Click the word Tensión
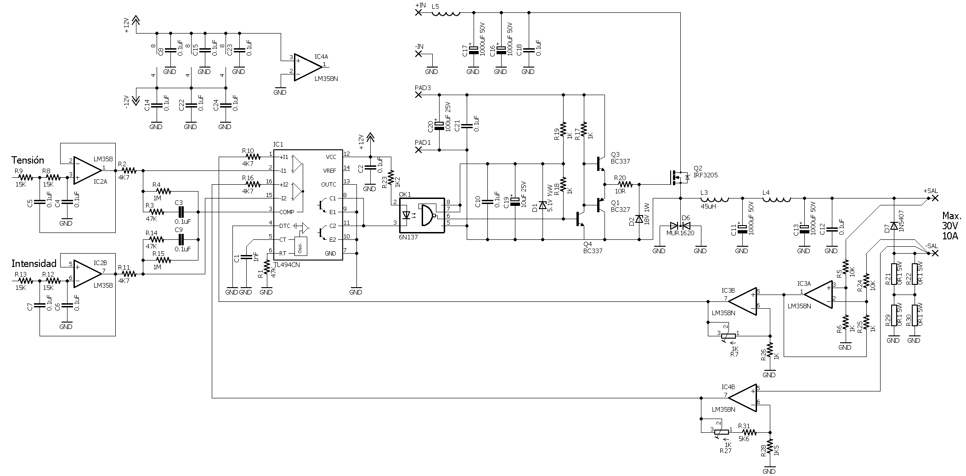click(28, 160)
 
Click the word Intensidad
click(34, 263)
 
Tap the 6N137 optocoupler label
click(408, 237)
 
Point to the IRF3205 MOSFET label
click(706, 175)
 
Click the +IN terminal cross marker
click(418, 13)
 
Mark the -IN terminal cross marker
click(418, 54)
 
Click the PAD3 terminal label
click(423, 87)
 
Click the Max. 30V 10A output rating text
click(952, 226)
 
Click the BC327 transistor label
click(621, 210)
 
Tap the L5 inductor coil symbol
click(446, 13)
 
